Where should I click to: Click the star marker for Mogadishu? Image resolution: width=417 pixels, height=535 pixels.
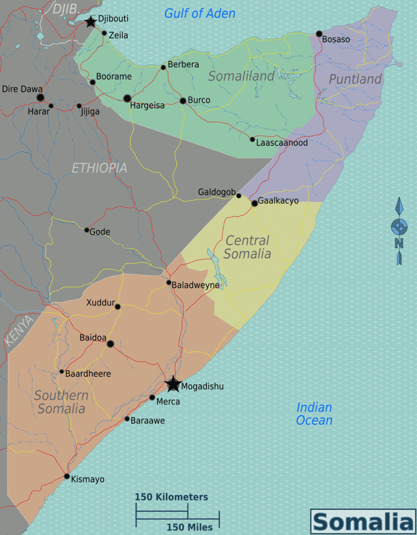tap(173, 384)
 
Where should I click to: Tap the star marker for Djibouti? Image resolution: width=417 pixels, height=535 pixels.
tap(90, 22)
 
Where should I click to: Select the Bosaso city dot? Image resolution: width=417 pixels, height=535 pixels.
tap(319, 34)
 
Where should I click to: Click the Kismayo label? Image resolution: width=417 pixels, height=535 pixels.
tap(88, 479)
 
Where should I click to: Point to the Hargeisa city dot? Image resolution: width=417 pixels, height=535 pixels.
tap(128, 98)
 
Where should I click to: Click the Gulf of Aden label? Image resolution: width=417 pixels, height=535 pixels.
tap(200, 13)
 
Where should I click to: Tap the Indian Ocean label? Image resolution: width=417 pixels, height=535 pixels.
tap(314, 414)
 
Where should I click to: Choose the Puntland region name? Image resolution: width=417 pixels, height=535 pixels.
tap(355, 79)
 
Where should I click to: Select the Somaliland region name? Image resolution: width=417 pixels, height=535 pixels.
tap(241, 76)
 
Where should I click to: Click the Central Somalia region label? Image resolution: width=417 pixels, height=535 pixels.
tap(247, 247)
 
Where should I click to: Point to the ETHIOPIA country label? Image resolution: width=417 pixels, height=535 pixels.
tap(99, 168)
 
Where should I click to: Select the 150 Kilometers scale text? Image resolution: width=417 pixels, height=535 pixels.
tap(171, 497)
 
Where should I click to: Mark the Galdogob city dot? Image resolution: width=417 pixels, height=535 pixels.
tap(239, 196)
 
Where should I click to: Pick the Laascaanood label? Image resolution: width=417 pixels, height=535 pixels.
tap(282, 143)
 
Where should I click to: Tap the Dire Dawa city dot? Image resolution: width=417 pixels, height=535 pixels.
tap(40, 97)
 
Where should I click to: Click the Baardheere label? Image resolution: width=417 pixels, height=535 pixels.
tap(88, 374)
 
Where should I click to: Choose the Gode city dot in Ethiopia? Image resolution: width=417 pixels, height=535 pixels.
tap(87, 230)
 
